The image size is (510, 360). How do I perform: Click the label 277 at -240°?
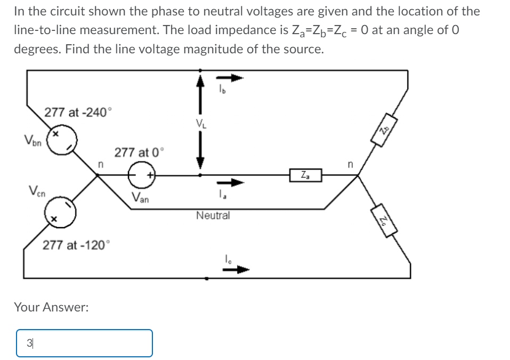tap(78, 113)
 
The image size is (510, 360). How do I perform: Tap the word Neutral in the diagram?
tap(213, 215)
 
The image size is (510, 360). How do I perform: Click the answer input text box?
tap(84, 342)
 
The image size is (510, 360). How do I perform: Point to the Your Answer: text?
tap(51, 307)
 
